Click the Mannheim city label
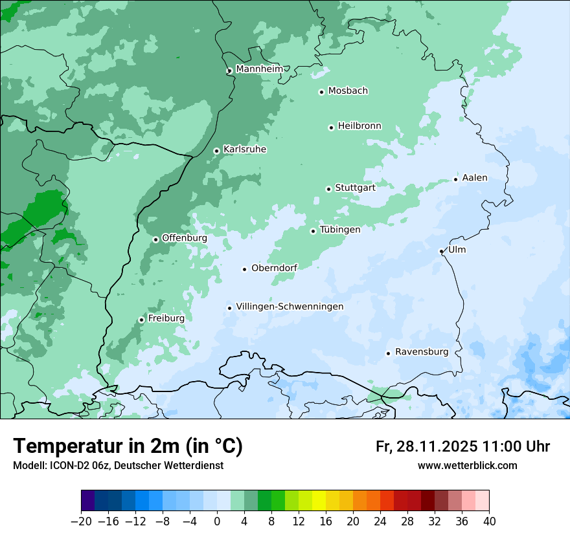[x=259, y=69]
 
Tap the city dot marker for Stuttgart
[x=328, y=189]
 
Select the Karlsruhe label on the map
[x=245, y=149]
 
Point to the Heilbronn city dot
[x=331, y=127]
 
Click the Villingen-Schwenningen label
[x=290, y=307]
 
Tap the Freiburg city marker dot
[x=141, y=320]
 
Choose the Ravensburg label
[x=422, y=352]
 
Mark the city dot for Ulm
[x=441, y=251]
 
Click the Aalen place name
[x=475, y=178]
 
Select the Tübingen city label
[x=340, y=230]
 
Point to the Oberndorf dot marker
[x=244, y=269]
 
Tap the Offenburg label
[x=185, y=238]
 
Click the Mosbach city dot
[x=321, y=92]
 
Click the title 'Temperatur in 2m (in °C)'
[x=128, y=446]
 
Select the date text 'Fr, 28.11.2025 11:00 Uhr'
[x=462, y=446]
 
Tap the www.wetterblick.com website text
[x=467, y=465]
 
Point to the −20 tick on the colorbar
[x=81, y=521]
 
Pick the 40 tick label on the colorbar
[x=489, y=521]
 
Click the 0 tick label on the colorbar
[x=217, y=521]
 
